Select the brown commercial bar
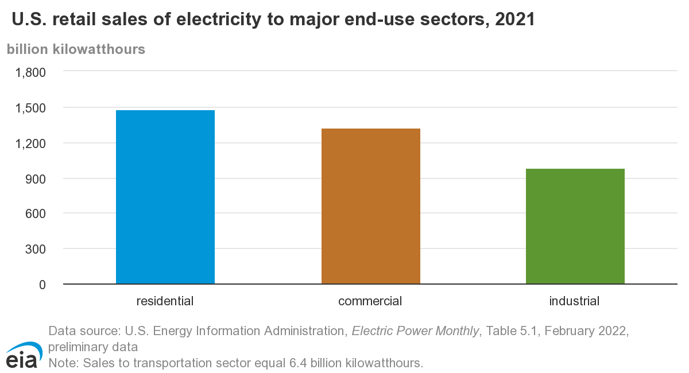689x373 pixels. [x=370, y=206]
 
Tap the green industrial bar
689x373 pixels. [x=575, y=226]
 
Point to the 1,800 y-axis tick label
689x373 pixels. [x=30, y=72]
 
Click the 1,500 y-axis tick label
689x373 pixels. [x=30, y=108]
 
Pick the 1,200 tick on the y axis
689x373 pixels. [x=30, y=143]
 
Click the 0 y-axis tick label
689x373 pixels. [x=42, y=285]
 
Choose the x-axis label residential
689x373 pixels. [x=165, y=301]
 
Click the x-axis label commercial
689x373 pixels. [x=370, y=301]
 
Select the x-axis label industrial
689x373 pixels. [x=574, y=301]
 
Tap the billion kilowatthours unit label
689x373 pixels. [x=76, y=49]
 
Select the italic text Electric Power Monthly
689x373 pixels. [x=415, y=331]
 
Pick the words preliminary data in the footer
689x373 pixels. [x=93, y=347]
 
